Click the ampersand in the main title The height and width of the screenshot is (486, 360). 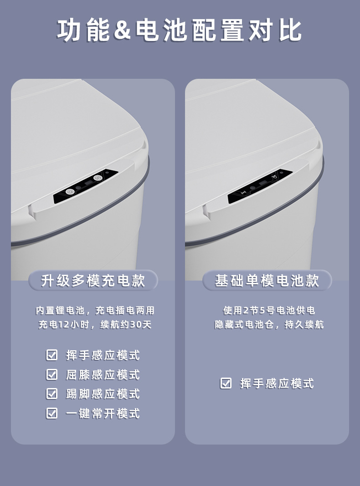pyautogui.click(x=122, y=30)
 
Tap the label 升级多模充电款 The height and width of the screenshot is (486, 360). pyautogui.click(x=93, y=281)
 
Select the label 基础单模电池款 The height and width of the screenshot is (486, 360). pyautogui.click(x=267, y=281)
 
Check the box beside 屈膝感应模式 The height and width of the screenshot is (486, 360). pyautogui.click(x=51, y=374)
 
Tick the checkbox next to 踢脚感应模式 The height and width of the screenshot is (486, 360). pyautogui.click(x=51, y=394)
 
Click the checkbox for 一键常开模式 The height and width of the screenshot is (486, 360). pyautogui.click(x=51, y=413)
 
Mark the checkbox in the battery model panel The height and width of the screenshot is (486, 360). pyautogui.click(x=226, y=383)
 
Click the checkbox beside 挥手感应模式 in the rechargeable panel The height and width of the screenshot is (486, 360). pyautogui.click(x=51, y=355)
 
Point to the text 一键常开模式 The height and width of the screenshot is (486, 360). pyautogui.click(x=103, y=414)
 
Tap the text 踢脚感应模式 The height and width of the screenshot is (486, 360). pyautogui.click(x=103, y=394)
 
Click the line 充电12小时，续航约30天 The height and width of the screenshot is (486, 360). pyautogui.click(x=95, y=324)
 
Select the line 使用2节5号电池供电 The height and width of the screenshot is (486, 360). pyautogui.click(x=269, y=310)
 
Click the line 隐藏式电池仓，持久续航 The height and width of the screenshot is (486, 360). pyautogui.click(x=269, y=324)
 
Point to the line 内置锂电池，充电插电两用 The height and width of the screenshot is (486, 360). pyautogui.click(x=95, y=310)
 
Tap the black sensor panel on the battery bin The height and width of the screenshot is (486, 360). pyautogui.click(x=261, y=187)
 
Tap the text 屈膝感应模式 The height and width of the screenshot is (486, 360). pyautogui.click(x=103, y=375)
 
